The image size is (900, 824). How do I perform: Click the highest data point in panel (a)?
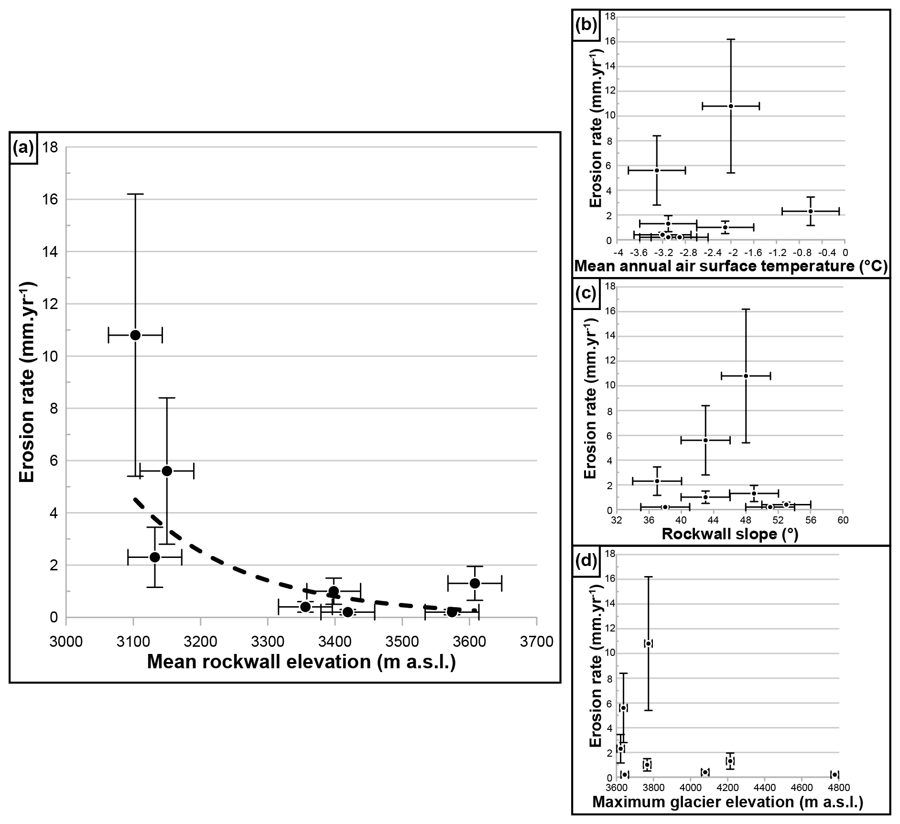(x=135, y=335)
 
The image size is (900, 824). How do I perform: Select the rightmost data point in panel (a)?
(x=475, y=583)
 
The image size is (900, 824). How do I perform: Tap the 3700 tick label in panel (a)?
(x=537, y=642)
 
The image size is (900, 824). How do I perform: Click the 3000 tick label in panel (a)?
(x=66, y=642)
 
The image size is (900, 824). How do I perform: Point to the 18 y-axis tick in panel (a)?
(x=50, y=147)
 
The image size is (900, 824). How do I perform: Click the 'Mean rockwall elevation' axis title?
(x=301, y=662)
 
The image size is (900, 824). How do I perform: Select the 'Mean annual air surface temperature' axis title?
(x=731, y=266)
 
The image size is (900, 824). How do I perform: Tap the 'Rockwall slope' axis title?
(x=730, y=534)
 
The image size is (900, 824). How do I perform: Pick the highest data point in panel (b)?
(x=731, y=106)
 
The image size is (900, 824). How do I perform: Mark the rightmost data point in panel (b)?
(x=811, y=211)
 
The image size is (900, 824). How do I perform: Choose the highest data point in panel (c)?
(x=746, y=376)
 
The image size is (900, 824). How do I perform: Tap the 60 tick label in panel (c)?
(x=844, y=520)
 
